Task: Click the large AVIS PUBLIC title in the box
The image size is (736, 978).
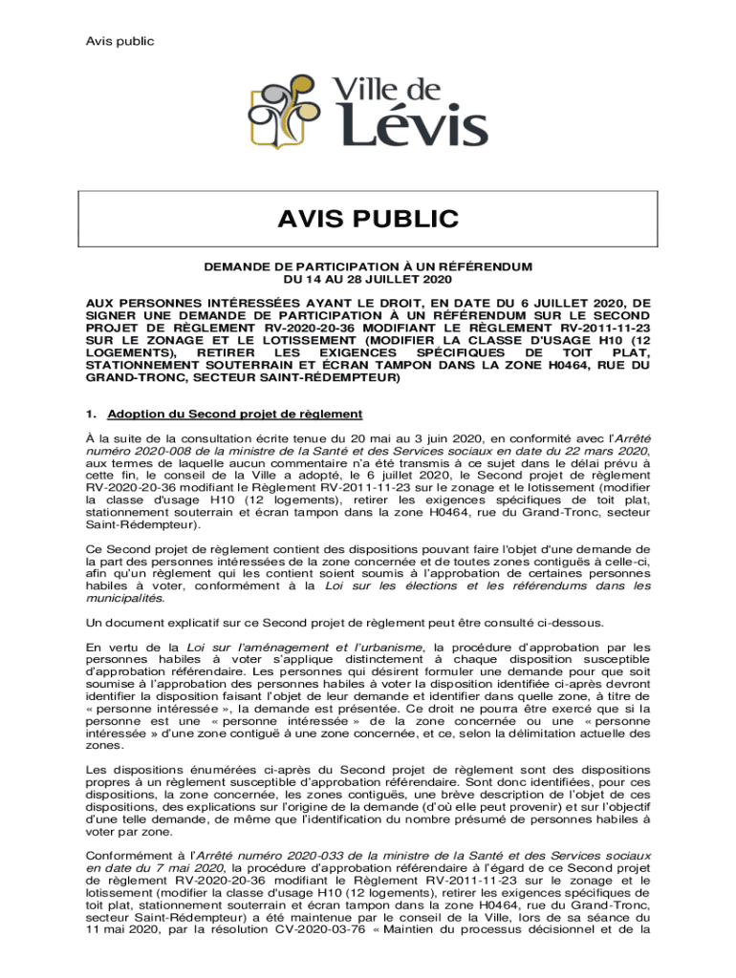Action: click(368, 221)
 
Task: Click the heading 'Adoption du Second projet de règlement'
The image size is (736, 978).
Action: click(234, 414)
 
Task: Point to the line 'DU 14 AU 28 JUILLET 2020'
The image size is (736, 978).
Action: click(368, 279)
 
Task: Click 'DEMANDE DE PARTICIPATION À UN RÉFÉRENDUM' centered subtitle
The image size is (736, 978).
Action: click(368, 266)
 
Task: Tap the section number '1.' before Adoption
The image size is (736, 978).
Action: click(92, 414)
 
